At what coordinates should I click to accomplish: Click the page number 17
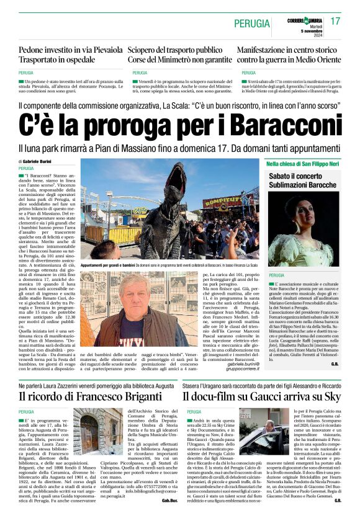[336, 22]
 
